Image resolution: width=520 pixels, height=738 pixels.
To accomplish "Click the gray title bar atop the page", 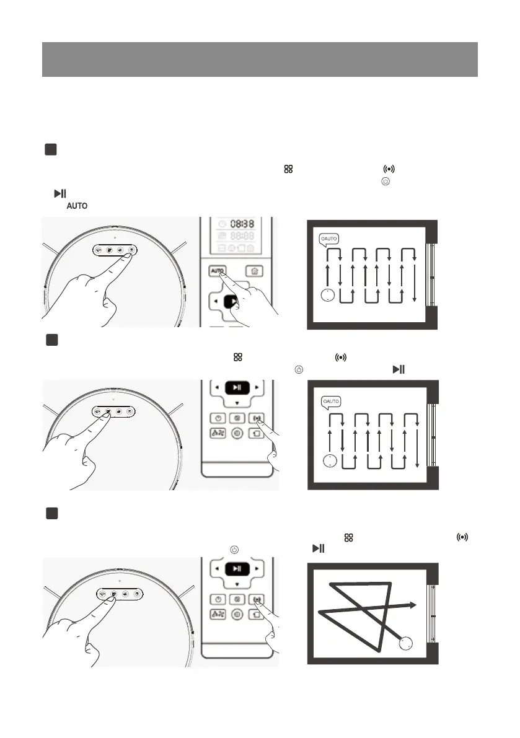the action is tap(260, 59).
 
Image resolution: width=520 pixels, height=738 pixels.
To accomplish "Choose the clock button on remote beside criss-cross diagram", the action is tap(217, 600).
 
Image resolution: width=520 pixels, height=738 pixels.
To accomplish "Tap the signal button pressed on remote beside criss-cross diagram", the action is tap(257, 600).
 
